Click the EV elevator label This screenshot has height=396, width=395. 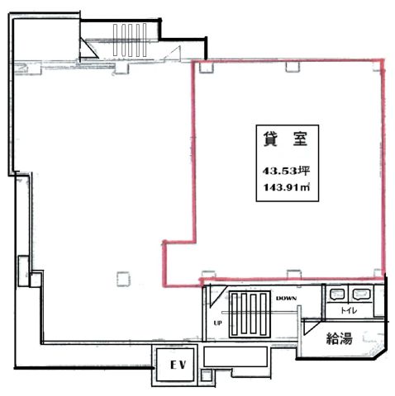point(178,365)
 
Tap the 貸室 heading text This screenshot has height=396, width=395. point(285,139)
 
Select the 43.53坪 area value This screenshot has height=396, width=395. point(286,171)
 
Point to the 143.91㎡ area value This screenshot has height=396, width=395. point(287,187)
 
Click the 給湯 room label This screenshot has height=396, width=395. point(339,338)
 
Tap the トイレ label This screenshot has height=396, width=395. point(349,310)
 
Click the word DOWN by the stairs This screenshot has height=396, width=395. point(287,298)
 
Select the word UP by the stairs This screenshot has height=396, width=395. point(217,323)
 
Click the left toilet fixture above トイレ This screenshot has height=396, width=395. point(336,294)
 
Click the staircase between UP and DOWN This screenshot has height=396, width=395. point(250,314)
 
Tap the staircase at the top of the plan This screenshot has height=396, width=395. point(130,40)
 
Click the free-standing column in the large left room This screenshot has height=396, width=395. point(123,279)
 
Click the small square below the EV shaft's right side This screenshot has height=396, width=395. point(206,375)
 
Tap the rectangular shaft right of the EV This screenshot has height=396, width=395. point(236,356)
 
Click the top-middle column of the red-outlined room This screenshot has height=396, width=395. point(293,67)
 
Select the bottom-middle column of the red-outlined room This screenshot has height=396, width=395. point(294,274)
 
